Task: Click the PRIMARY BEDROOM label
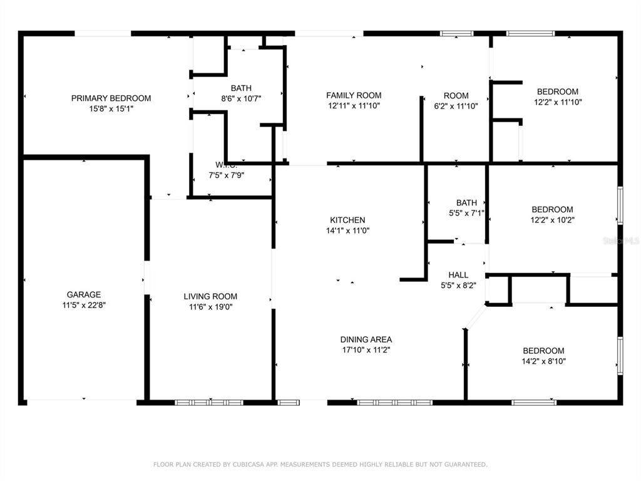(x=111, y=98)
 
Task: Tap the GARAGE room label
(x=84, y=294)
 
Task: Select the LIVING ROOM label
(x=210, y=296)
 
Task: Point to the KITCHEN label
(x=347, y=220)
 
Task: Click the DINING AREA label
(x=366, y=339)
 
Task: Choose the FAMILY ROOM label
(x=354, y=95)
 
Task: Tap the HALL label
(x=458, y=275)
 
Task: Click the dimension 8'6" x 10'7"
(x=241, y=98)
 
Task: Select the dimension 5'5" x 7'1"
(x=466, y=213)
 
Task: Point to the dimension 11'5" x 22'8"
(x=84, y=305)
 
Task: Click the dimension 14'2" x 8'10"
(x=543, y=361)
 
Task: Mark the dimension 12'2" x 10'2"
(x=552, y=220)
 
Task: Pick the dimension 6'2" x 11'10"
(x=456, y=106)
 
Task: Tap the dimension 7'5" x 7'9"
(x=226, y=175)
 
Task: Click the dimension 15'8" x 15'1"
(x=111, y=108)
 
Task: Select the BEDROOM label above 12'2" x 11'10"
(x=558, y=91)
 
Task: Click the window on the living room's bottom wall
(x=209, y=403)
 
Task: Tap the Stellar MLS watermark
(x=625, y=240)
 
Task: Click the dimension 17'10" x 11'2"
(x=366, y=350)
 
